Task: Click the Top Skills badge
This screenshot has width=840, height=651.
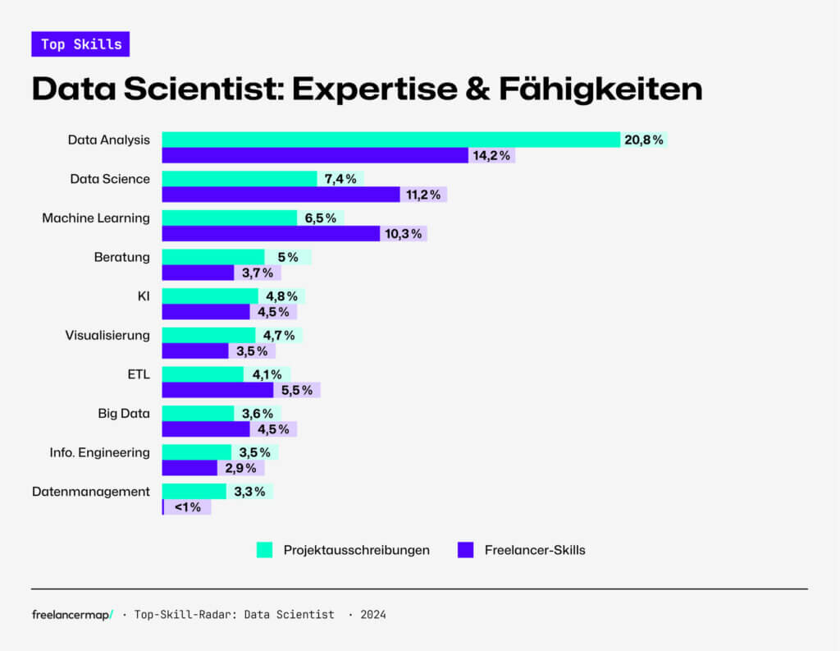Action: pos(80,44)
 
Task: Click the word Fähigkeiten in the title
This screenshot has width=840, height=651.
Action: pos(600,89)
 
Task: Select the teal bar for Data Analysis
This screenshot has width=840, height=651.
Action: pos(390,140)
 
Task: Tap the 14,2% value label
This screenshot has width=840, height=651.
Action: pos(491,155)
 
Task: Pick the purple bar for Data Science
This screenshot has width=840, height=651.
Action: pos(281,195)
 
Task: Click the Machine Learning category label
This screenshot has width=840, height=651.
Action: pos(96,218)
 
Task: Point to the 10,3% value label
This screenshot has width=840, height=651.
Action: pos(403,234)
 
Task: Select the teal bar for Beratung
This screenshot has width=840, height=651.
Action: pos(213,257)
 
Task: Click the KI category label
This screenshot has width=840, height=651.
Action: pos(144,296)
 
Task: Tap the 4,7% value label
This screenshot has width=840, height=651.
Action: pos(278,335)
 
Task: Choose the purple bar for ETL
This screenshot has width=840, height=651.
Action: pos(217,390)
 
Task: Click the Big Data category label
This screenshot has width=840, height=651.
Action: pos(124,414)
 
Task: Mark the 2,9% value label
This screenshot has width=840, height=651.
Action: pos(240,468)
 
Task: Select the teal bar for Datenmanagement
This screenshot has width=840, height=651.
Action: pos(194,491)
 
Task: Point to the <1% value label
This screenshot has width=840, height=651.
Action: pos(188,507)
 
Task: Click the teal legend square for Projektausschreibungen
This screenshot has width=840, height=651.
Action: pos(264,550)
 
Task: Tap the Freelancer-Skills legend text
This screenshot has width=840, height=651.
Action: pos(535,550)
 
